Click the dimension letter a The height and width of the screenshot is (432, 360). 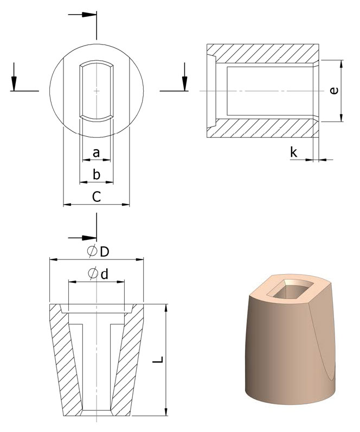pyautogui.click(x=96, y=153)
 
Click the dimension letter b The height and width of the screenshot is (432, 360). pyautogui.click(x=97, y=174)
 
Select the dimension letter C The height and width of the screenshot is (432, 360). pyautogui.click(x=97, y=196)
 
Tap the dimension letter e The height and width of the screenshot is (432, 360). pyautogui.click(x=334, y=91)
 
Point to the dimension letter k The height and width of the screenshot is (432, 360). pyautogui.click(x=294, y=152)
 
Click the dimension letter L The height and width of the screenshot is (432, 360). pyautogui.click(x=158, y=360)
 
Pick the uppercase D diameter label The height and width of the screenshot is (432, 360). pyautogui.click(x=105, y=252)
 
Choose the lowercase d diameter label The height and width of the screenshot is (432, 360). pyautogui.click(x=105, y=274)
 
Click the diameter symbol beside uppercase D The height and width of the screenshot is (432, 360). pyautogui.click(x=92, y=251)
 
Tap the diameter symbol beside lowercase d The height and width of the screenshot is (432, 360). pyautogui.click(x=93, y=274)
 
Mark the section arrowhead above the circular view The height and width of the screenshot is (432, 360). pyautogui.click(x=89, y=14)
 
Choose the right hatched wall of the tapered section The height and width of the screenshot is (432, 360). pyautogui.click(x=128, y=358)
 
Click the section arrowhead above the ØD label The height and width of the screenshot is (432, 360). pyautogui.click(x=89, y=238)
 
